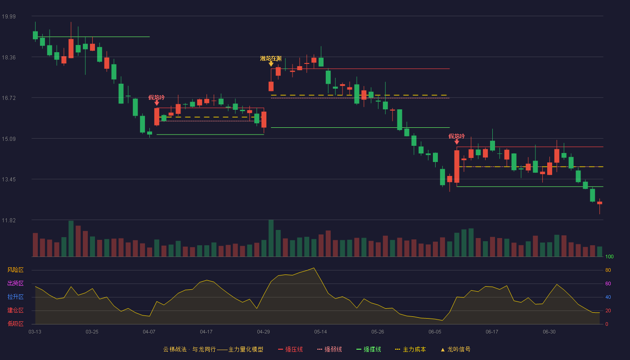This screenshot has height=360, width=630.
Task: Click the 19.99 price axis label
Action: click(x=9, y=16)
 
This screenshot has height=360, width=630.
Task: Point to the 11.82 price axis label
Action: click(x=9, y=220)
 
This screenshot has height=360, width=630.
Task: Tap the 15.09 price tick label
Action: click(x=9, y=139)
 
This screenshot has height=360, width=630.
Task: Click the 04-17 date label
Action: click(x=206, y=332)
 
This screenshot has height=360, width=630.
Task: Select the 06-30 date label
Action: click(x=549, y=332)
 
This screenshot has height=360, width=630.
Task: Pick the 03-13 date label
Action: click(x=35, y=332)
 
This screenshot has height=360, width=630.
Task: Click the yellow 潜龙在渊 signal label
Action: click(x=270, y=58)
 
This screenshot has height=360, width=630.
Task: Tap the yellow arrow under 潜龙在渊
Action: click(x=271, y=64)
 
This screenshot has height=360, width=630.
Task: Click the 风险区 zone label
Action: click(x=15, y=270)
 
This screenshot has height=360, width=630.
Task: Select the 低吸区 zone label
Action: click(x=15, y=324)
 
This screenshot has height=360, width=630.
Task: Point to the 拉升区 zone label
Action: click(x=15, y=297)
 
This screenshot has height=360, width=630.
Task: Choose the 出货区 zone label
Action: click(x=15, y=283)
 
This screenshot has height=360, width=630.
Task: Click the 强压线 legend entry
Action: click(x=290, y=349)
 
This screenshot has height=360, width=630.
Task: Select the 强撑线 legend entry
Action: click(x=369, y=349)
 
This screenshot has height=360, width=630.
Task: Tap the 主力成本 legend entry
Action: click(x=410, y=349)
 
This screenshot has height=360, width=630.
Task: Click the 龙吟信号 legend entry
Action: click(x=455, y=349)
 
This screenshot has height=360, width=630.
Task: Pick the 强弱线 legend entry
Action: click(x=329, y=349)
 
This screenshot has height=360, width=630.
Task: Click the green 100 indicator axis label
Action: click(x=609, y=256)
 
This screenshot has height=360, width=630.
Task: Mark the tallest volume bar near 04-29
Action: click(x=271, y=238)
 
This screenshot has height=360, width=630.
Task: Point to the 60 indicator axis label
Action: click(x=608, y=283)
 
